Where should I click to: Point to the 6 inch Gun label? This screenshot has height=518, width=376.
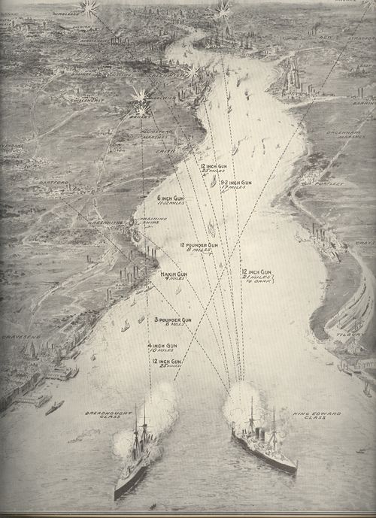click(150, 200)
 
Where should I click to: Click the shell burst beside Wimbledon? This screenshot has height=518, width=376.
click(89, 8)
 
